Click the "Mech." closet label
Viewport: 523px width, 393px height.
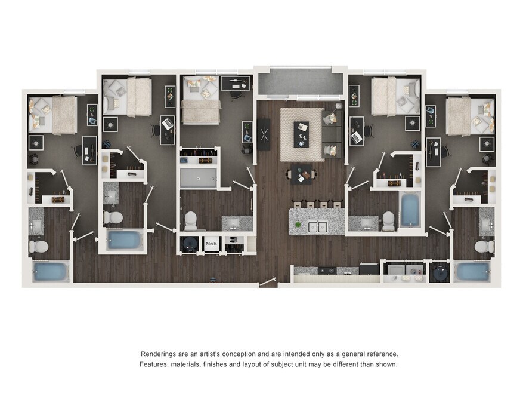pyautogui.click(x=211, y=244)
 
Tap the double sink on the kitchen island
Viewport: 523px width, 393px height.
pyautogui.click(x=317, y=227)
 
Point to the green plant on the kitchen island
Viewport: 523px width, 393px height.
pyautogui.click(x=298, y=225)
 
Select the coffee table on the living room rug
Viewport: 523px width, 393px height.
pyautogui.click(x=301, y=134)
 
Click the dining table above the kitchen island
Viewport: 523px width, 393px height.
pyautogui.click(x=301, y=174)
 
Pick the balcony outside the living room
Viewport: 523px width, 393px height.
pyautogui.click(x=301, y=82)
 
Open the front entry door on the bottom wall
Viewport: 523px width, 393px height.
pyautogui.click(x=268, y=282)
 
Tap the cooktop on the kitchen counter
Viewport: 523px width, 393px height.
pyautogui.click(x=327, y=271)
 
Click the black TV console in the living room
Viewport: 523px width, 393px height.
pyautogui.click(x=264, y=134)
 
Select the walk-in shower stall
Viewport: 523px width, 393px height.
pyautogui.click(x=198, y=178)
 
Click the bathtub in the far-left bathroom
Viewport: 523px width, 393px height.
pyautogui.click(x=50, y=271)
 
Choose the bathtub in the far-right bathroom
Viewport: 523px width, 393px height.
pyautogui.click(x=473, y=271)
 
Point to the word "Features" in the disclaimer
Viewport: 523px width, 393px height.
pyautogui.click(x=153, y=364)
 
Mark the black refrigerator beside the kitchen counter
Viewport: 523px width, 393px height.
pyautogui.click(x=369, y=269)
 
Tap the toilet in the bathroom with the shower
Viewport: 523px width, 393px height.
pyautogui.click(x=191, y=220)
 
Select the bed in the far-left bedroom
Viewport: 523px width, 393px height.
pyautogui.click(x=52, y=115)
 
